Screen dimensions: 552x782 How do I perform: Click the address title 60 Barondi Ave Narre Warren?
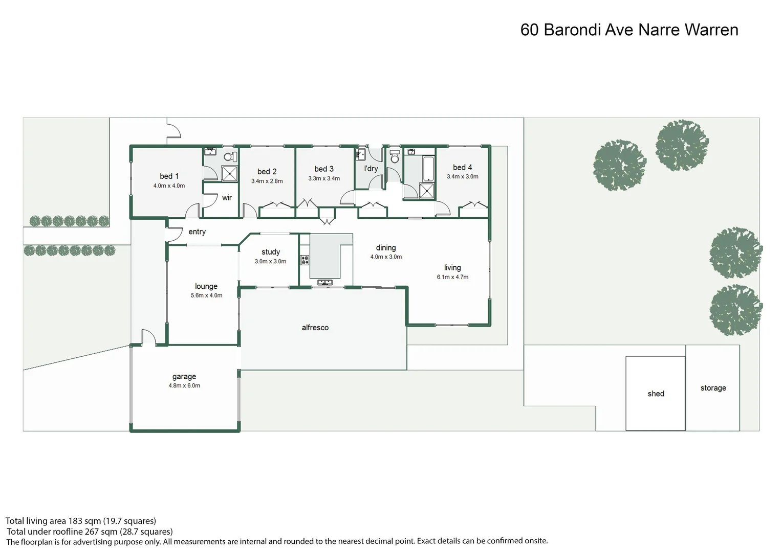tap(629, 30)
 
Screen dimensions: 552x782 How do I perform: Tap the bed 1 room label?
tap(169, 176)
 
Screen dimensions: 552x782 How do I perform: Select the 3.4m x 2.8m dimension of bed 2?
tap(267, 181)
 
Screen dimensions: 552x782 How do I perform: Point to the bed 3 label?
tap(324, 169)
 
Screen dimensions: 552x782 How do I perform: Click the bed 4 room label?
tap(462, 168)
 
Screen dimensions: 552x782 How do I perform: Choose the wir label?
tap(227, 198)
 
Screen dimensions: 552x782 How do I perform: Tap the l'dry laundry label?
tap(371, 169)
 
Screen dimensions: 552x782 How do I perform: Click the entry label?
tap(197, 232)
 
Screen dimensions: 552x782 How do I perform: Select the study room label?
tap(270, 252)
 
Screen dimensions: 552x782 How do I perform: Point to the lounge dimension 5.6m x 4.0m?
tap(206, 295)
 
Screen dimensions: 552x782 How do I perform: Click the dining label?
tap(386, 248)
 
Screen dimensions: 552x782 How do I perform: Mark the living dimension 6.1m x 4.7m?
tap(452, 277)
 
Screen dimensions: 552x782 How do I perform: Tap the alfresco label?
tap(315, 328)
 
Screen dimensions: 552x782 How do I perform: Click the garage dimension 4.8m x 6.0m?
tap(184, 386)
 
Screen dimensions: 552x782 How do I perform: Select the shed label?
tap(656, 394)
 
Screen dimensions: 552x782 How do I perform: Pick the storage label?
tap(713, 388)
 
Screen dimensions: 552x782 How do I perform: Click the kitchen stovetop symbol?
tap(305, 260)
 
